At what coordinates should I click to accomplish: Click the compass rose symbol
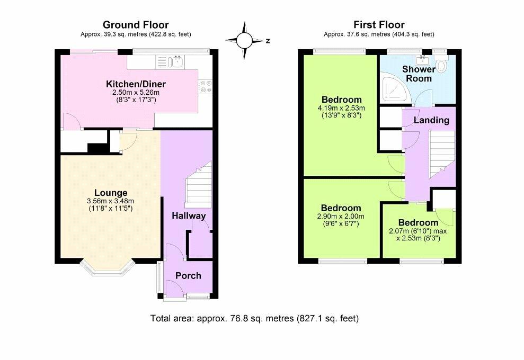click(x=244, y=41)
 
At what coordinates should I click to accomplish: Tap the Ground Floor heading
click(x=136, y=25)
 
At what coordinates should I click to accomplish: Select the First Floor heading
click(x=379, y=25)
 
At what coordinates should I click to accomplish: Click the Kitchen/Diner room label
click(x=136, y=84)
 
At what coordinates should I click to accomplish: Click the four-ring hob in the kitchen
click(x=205, y=86)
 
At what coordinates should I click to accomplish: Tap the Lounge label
click(x=111, y=193)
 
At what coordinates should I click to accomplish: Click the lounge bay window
click(x=107, y=268)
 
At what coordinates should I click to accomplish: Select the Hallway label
click(x=189, y=215)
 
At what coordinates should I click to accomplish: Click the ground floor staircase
click(x=199, y=185)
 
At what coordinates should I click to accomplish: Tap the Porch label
click(x=188, y=276)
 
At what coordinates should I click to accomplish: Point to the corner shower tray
click(x=396, y=89)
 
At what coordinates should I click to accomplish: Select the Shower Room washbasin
click(x=423, y=60)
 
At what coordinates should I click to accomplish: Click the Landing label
click(x=431, y=120)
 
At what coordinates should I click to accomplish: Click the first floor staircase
click(x=442, y=154)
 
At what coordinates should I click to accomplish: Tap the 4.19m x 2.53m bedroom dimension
click(x=341, y=108)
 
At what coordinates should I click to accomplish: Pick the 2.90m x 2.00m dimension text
click(x=341, y=217)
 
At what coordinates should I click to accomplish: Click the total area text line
click(x=254, y=318)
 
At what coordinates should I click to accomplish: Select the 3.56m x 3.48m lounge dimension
click(x=110, y=201)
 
